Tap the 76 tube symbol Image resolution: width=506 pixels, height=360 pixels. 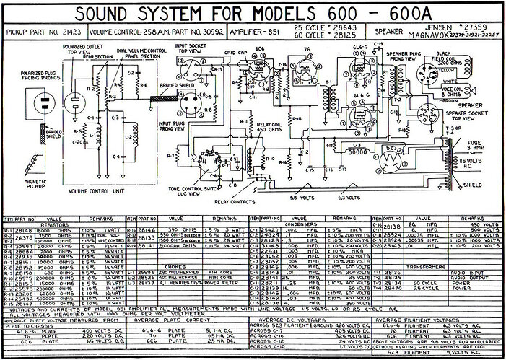tap(308, 69)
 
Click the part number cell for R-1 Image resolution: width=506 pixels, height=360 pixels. tap(22, 229)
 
